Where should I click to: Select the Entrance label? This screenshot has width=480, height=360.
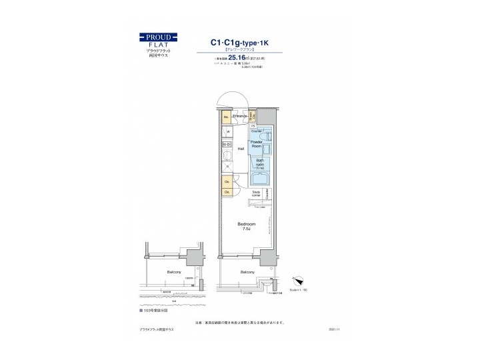[240, 117]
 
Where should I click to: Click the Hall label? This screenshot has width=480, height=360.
[240, 149]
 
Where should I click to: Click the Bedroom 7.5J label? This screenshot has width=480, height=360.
[245, 227]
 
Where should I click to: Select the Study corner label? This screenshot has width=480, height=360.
[257, 194]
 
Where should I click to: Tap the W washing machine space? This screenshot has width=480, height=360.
[227, 132]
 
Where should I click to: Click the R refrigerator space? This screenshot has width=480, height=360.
[227, 167]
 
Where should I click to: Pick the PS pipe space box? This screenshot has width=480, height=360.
[253, 125]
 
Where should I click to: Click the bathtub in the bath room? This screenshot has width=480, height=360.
[263, 177]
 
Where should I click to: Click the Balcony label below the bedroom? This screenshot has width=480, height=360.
[247, 273]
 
